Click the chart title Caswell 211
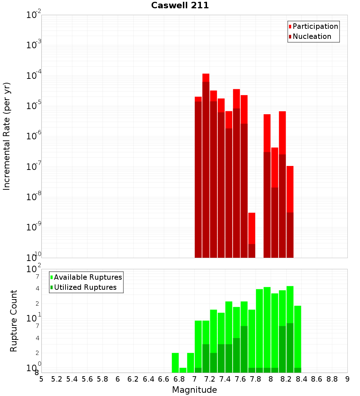tap(180, 5)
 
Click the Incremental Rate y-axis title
tap(6, 136)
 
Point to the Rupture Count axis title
tap(14, 321)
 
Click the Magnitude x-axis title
tap(194, 390)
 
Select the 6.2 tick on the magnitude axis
tap(133, 379)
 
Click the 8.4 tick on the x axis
tap(302, 379)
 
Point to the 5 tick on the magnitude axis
tap(41, 379)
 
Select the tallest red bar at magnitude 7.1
tap(206, 166)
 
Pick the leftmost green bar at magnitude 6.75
tap(175, 363)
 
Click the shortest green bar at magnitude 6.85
tap(183, 370)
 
